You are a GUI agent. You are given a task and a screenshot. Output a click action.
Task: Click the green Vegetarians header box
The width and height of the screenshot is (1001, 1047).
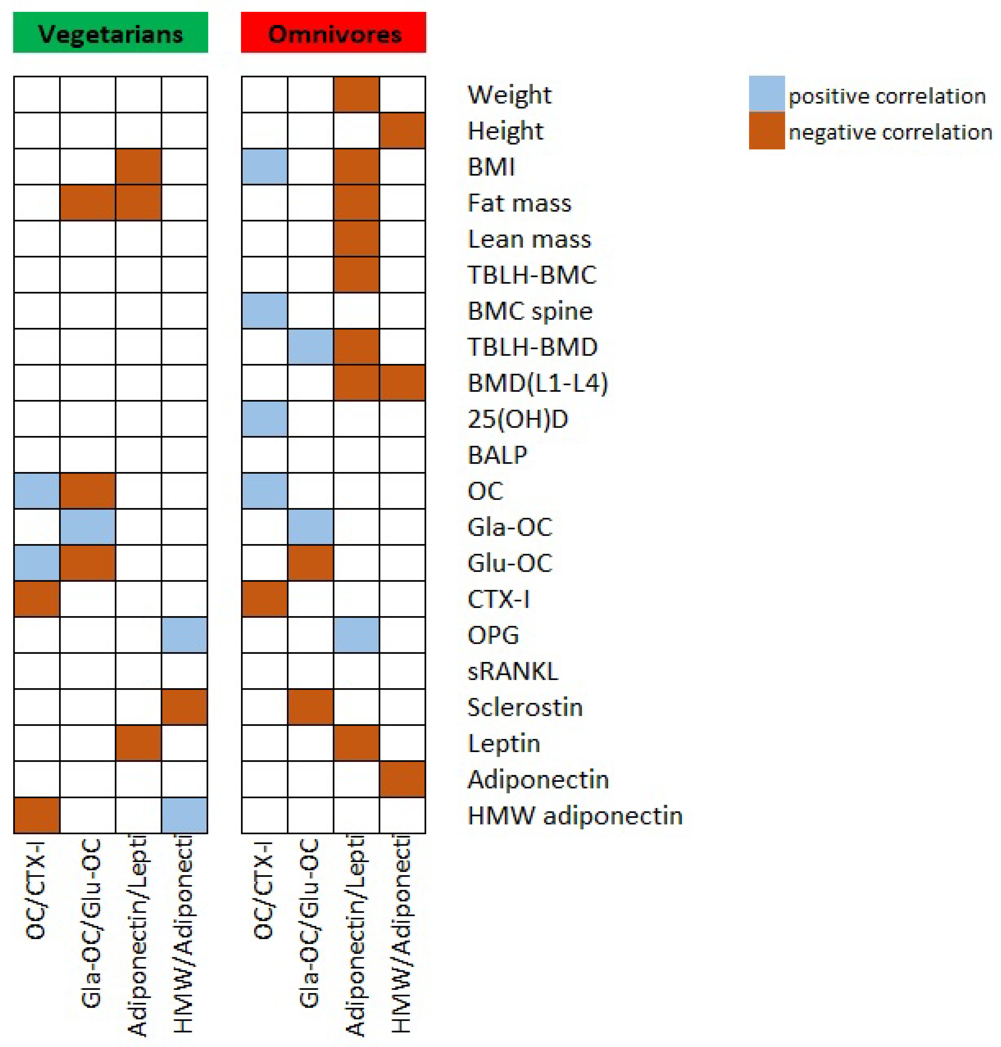[110, 33]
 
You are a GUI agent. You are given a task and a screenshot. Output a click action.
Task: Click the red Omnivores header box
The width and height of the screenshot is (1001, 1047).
[333, 33]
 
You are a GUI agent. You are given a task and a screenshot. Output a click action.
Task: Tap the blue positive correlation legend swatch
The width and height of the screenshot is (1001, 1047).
[767, 94]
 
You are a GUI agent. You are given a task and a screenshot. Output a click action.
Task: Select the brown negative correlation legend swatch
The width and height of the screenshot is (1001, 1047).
[767, 131]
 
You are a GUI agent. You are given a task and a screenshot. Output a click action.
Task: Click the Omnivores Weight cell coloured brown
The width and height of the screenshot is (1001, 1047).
[356, 94]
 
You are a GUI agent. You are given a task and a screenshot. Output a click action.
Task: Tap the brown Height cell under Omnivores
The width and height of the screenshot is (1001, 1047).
[402, 131]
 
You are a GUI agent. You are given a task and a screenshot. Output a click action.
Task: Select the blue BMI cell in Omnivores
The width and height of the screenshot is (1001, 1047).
[265, 166]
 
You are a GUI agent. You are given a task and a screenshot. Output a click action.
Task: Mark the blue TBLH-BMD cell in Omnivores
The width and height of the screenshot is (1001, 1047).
[311, 347]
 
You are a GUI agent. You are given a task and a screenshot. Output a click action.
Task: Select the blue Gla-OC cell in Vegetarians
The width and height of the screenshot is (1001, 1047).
[88, 527]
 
